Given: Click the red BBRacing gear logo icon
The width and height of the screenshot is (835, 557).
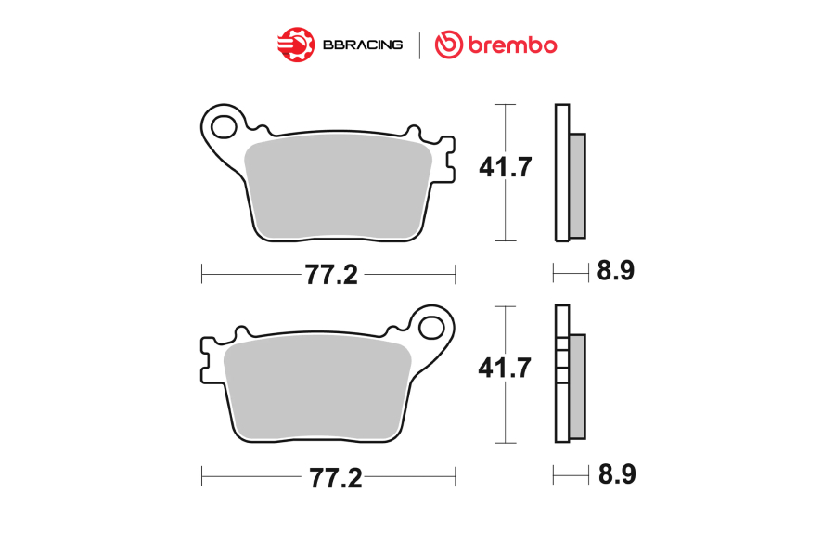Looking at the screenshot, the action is [296, 45].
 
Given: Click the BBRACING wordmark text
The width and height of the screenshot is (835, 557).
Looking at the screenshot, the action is [363, 45].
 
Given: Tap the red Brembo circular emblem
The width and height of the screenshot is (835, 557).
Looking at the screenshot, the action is [449, 45].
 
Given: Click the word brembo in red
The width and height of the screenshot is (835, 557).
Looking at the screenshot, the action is [513, 45].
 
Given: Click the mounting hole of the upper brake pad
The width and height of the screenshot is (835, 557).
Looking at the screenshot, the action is [224, 127].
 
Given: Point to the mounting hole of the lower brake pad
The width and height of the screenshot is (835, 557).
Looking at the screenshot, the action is [431, 328].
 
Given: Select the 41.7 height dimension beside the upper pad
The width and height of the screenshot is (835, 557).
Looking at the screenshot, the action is [506, 167].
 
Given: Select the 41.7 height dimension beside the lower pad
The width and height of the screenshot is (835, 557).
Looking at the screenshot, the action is [505, 368].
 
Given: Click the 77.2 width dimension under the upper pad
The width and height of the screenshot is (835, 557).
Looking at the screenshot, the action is [331, 275].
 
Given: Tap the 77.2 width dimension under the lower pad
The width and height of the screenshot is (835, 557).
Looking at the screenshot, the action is [336, 478].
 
